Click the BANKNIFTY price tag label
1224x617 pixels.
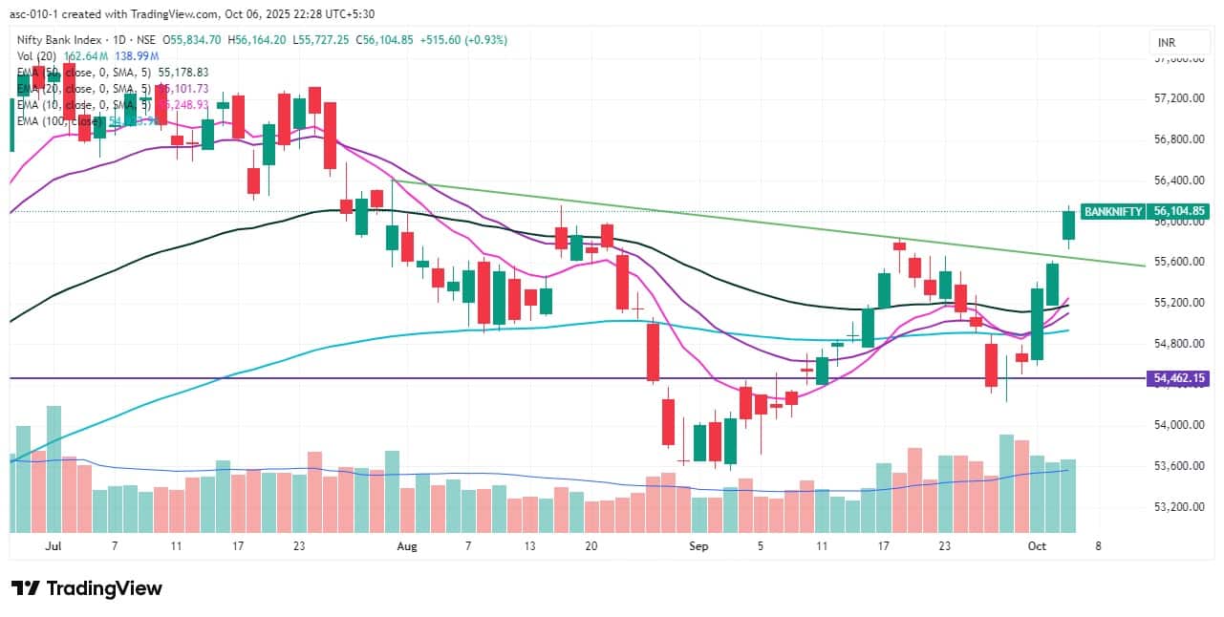point(1113,212)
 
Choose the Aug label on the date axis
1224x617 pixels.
point(407,546)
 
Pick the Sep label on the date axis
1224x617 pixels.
point(699,546)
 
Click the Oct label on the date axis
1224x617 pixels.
point(1036,546)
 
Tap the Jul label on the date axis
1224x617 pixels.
point(54,546)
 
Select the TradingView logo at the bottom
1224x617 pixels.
point(87,588)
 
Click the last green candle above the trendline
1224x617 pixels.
point(1068,224)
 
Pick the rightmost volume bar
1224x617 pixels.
point(1068,495)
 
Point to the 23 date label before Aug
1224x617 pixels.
point(299,546)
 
